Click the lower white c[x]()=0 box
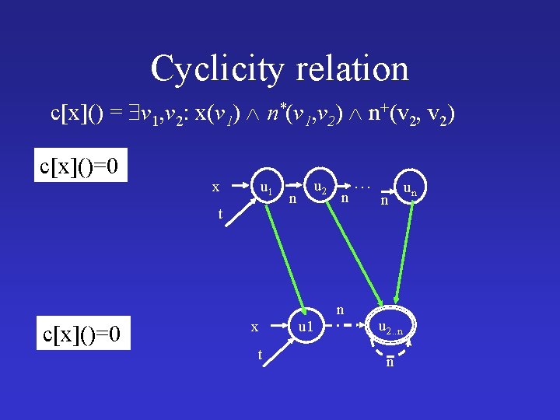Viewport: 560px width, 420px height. click(83, 335)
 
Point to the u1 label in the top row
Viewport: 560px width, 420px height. click(265, 187)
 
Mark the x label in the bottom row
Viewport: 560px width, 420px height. click(254, 327)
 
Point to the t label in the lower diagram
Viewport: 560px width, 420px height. click(260, 354)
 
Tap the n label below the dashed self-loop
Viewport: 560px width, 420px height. click(390, 362)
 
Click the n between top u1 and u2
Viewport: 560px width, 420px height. click(292, 200)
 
